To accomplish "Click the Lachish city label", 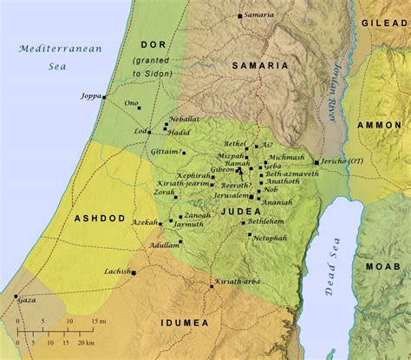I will click(116, 272).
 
